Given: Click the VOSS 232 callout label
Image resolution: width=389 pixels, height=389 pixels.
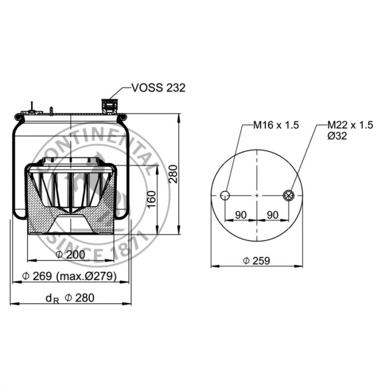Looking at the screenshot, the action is (x=158, y=88).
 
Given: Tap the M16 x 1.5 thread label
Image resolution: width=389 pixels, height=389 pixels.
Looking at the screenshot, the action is (x=276, y=125).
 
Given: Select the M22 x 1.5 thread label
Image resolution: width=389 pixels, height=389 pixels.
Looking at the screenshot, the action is (x=350, y=125).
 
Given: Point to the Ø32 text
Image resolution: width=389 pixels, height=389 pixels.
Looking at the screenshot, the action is (x=337, y=136).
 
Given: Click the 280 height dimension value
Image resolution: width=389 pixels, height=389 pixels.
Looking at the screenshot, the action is (x=173, y=174).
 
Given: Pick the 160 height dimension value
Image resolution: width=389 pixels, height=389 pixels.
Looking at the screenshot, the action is (x=152, y=200).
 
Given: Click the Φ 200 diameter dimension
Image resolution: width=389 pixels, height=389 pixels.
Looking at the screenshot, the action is (x=70, y=255).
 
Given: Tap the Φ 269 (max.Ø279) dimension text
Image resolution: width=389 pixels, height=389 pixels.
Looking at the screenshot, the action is (x=69, y=276).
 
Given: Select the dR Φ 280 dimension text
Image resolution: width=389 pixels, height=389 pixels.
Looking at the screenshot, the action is (x=70, y=298).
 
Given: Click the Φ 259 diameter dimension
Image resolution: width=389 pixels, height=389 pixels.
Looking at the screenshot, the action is (x=257, y=261).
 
